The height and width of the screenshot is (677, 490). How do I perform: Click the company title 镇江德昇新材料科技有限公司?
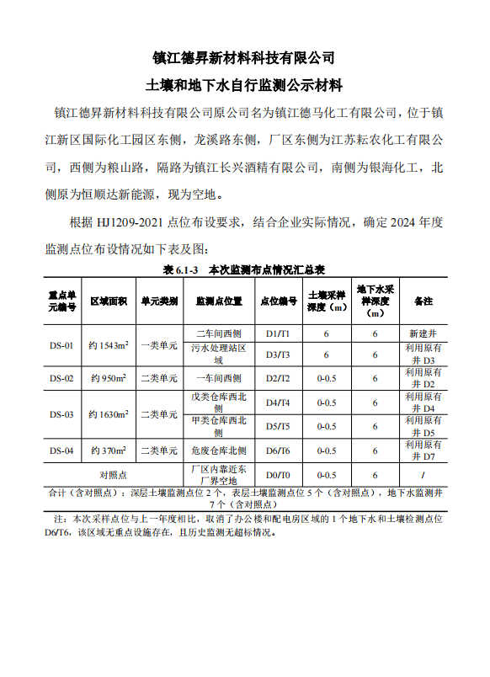[244, 58]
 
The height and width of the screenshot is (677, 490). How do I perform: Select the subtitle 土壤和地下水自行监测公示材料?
[244, 86]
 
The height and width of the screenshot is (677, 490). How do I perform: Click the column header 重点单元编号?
[61, 301]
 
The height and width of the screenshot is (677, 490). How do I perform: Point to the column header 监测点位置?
[219, 301]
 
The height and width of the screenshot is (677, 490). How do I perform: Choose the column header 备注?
[422, 301]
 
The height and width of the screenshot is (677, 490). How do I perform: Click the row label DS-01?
[61, 344]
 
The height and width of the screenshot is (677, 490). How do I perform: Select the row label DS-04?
[61, 450]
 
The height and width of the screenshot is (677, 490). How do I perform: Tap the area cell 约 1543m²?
[109, 344]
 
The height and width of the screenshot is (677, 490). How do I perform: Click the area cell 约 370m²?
[109, 450]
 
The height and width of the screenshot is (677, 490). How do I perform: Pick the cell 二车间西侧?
[219, 333]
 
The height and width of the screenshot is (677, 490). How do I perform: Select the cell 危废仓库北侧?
[219, 450]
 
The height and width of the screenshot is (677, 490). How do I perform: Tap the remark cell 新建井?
[422, 333]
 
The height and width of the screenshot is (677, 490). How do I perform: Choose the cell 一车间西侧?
[219, 378]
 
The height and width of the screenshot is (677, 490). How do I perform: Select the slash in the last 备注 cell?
[422, 475]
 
